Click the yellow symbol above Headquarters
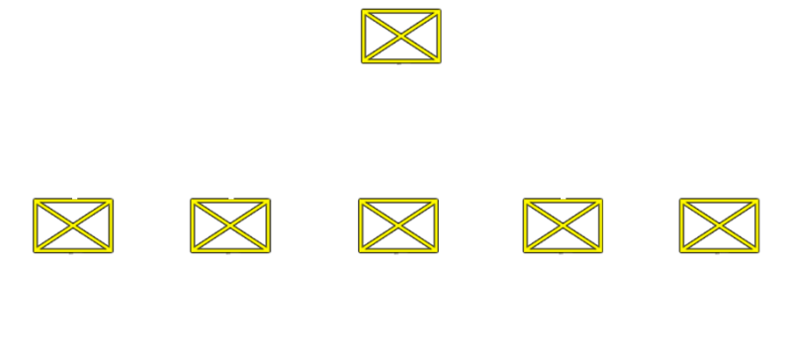400,36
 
